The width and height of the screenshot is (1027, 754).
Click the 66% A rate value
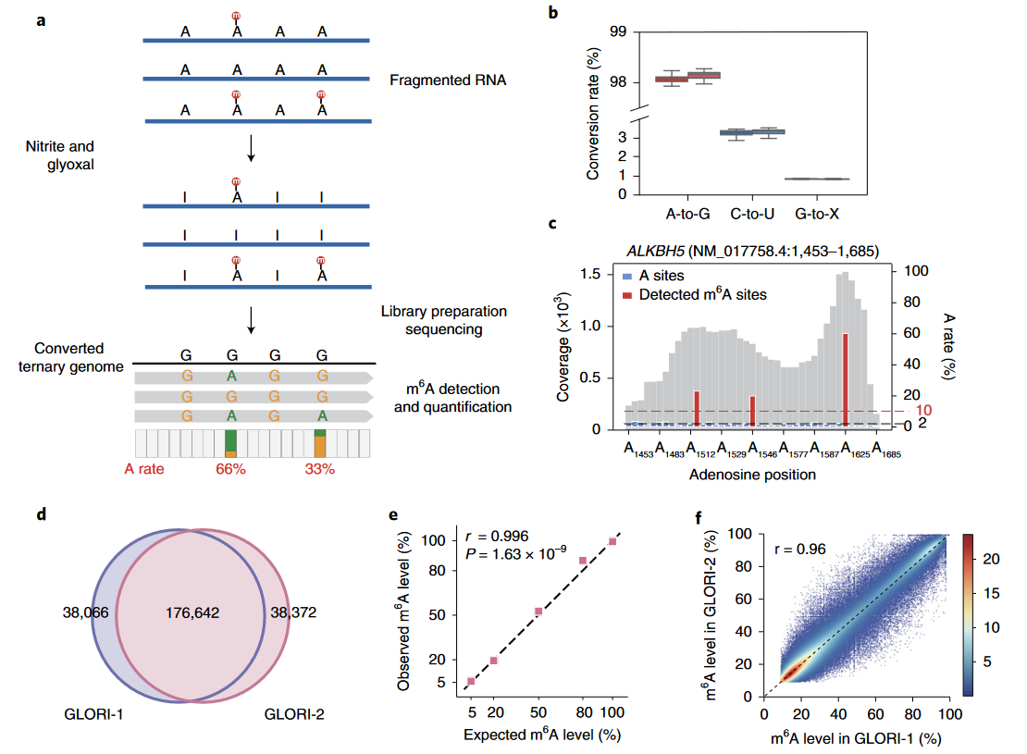pos(230,469)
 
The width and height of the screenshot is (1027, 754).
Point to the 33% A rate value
pos(320,469)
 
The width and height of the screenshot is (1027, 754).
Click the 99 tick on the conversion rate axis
pos(620,33)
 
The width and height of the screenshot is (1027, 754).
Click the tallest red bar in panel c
pos(846,379)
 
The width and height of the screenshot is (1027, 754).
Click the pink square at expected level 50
pos(538,612)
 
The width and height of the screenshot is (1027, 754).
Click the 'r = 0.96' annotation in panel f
pos(798,547)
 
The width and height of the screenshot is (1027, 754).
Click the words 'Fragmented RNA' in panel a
pos(448,80)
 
